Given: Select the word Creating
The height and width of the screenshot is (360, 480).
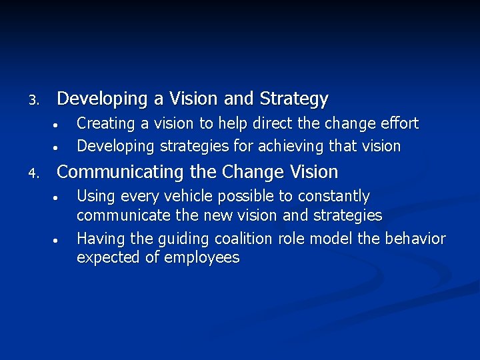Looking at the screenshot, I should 103,124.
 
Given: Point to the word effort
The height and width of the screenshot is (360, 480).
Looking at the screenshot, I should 398,124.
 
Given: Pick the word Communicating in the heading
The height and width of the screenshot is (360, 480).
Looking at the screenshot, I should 121,173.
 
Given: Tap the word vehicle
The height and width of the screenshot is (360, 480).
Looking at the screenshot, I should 197,197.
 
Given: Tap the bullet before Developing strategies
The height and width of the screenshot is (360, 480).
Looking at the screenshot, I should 58,147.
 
